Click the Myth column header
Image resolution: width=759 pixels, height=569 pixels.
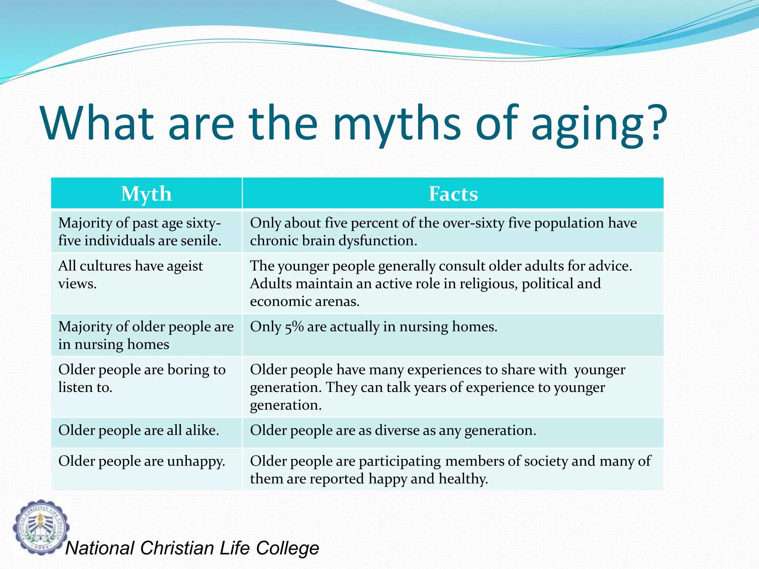[x=146, y=193]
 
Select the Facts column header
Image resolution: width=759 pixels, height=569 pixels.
[x=453, y=193]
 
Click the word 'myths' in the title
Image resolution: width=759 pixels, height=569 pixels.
[x=397, y=124]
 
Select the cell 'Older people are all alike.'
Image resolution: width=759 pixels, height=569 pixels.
[x=139, y=430]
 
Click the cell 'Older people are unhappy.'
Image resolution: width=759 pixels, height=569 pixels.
[x=142, y=461]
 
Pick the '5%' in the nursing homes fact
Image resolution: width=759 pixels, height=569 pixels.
[x=294, y=327]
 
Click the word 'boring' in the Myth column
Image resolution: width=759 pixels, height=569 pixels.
[x=188, y=370]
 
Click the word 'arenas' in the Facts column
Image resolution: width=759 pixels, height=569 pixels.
[x=337, y=302]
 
